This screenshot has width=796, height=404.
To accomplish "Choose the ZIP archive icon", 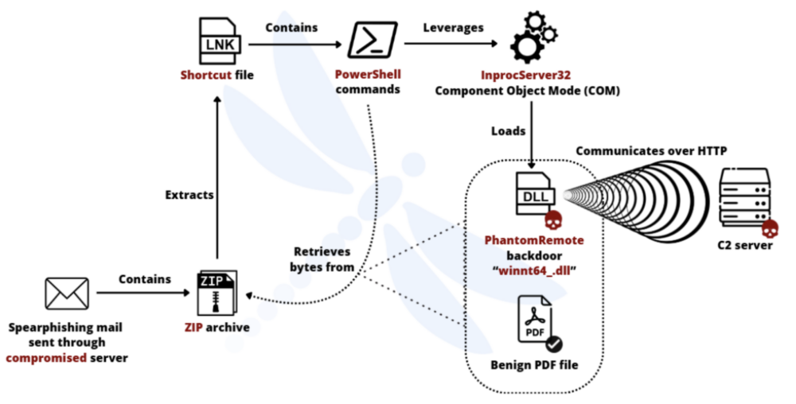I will pos(217,295).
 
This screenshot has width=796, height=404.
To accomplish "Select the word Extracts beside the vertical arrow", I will pos(189,193).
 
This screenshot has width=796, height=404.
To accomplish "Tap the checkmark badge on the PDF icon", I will pos(554,343).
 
